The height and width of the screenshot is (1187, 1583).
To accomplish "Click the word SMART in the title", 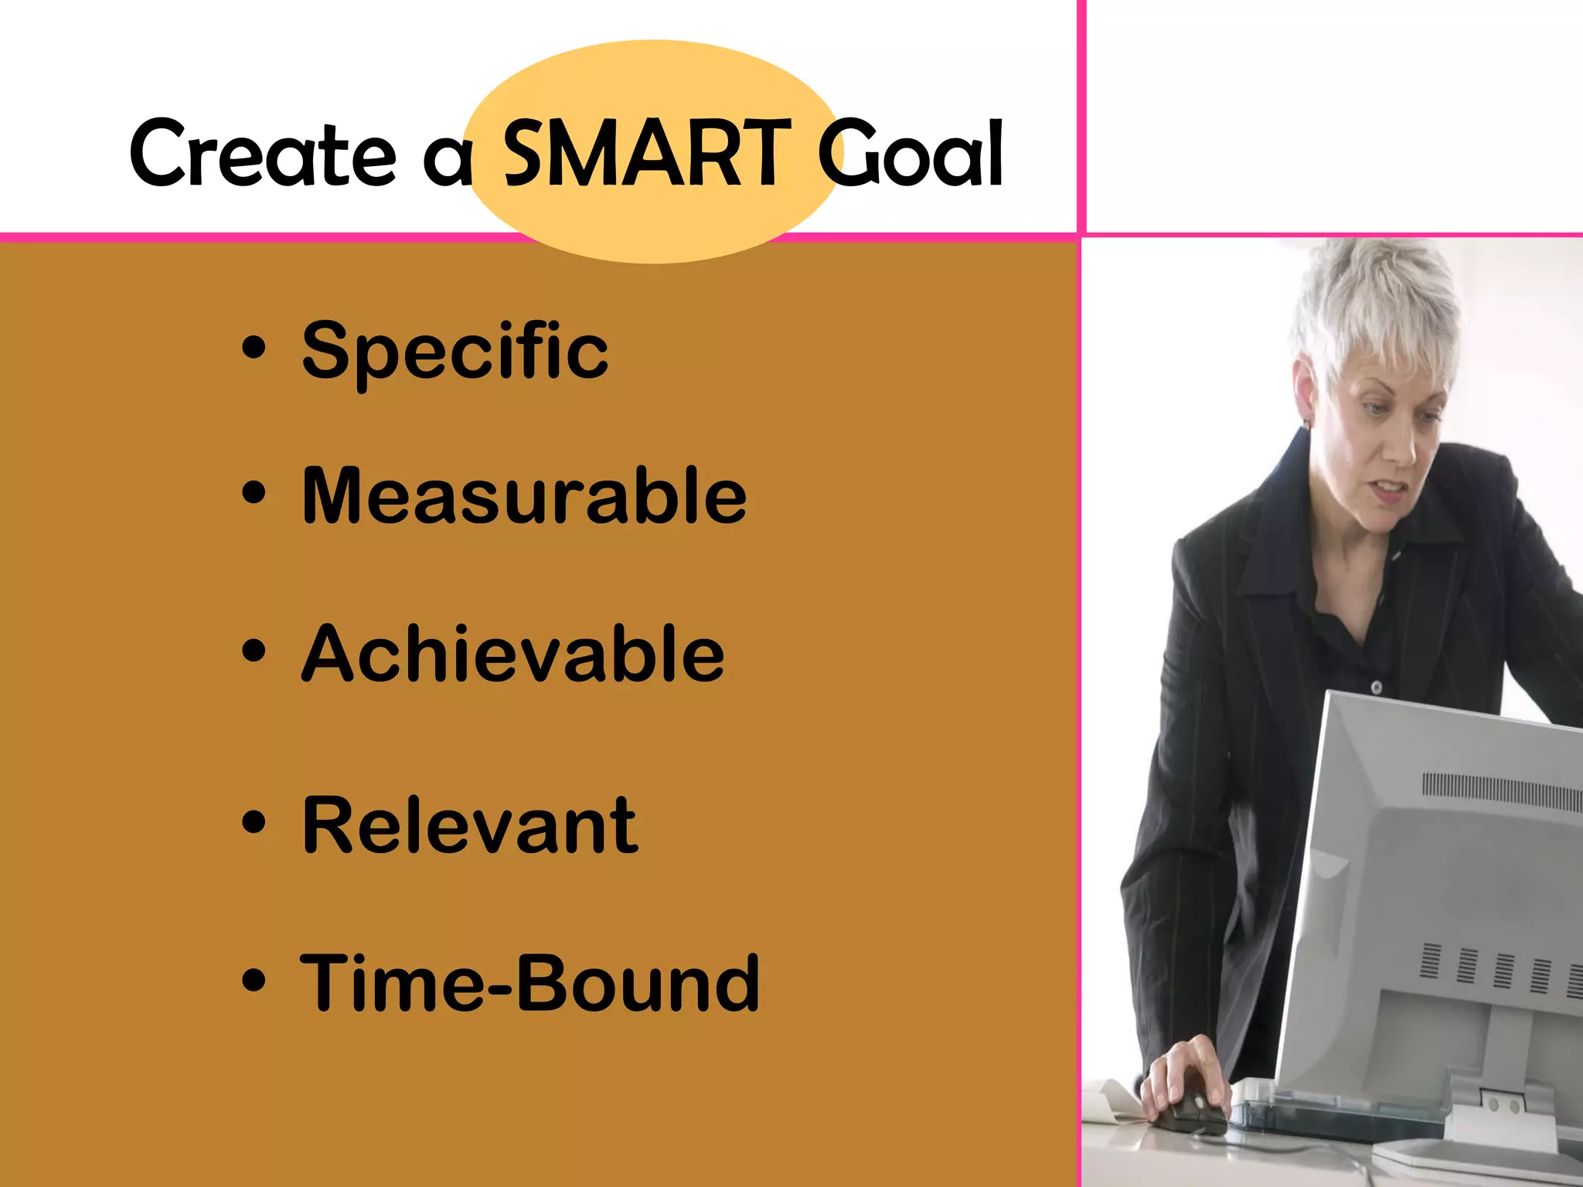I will (x=646, y=153).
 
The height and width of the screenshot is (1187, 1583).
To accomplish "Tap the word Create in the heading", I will (x=263, y=153).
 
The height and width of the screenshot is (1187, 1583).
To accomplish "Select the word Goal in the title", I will (x=910, y=153).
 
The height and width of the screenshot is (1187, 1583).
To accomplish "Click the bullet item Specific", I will (x=454, y=352).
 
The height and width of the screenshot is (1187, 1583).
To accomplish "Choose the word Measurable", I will (x=524, y=495).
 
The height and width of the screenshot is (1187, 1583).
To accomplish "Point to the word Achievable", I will (x=512, y=655).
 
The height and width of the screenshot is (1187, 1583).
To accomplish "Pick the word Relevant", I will (x=470, y=826).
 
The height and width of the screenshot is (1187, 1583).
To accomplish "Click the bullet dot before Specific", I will (x=254, y=348).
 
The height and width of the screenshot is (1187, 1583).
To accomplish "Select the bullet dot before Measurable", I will (x=254, y=492).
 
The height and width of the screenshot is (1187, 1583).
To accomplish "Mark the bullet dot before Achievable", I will (x=254, y=651).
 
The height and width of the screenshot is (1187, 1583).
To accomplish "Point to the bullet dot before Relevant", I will (x=254, y=822).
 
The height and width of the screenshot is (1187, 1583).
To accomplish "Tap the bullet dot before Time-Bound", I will (x=254, y=980).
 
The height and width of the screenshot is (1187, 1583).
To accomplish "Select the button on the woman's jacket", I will (x=1377, y=686).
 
